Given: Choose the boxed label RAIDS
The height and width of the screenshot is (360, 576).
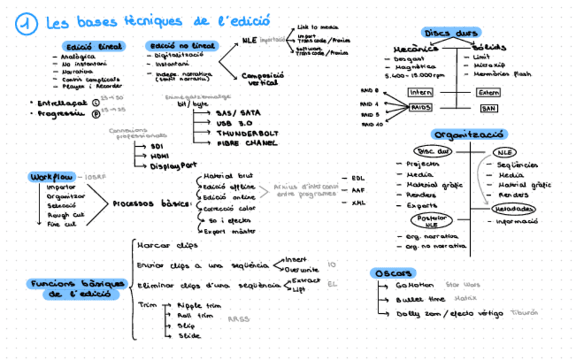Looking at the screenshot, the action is (421, 107).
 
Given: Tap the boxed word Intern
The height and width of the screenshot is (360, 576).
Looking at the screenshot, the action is (420, 92).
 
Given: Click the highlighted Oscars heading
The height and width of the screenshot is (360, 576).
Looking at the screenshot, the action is (392, 273).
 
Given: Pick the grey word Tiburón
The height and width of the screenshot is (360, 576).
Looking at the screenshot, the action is (524, 312).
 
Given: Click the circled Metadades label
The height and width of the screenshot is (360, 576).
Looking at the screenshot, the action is (514, 209).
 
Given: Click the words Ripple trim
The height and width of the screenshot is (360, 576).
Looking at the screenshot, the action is (199, 306).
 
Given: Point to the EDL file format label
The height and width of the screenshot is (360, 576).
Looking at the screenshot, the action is (358, 178).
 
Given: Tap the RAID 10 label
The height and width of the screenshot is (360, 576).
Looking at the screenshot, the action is (372, 125).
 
